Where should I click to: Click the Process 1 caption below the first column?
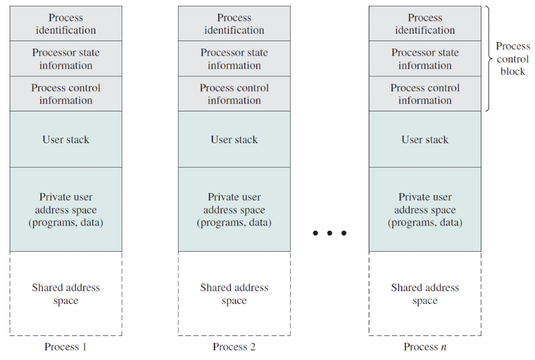point(66,347)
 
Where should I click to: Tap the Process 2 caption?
point(234,347)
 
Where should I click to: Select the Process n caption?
point(425,347)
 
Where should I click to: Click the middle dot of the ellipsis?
point(330,233)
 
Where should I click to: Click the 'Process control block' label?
point(513,59)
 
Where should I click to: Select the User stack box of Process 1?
point(66,139)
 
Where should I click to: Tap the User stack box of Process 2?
point(234,139)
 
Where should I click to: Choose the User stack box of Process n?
point(425,139)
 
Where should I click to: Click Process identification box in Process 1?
point(66,23)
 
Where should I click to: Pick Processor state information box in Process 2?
point(234,59)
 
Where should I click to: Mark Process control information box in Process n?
point(425,94)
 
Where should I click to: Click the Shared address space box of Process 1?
point(66,294)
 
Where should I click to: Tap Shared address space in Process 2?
point(234,294)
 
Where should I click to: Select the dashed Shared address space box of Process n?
point(425,294)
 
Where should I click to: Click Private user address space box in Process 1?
point(66,210)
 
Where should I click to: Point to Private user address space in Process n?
point(425,210)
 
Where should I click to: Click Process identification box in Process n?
point(425,23)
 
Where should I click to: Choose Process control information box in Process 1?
point(66,94)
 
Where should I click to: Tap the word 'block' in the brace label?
point(513,71)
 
